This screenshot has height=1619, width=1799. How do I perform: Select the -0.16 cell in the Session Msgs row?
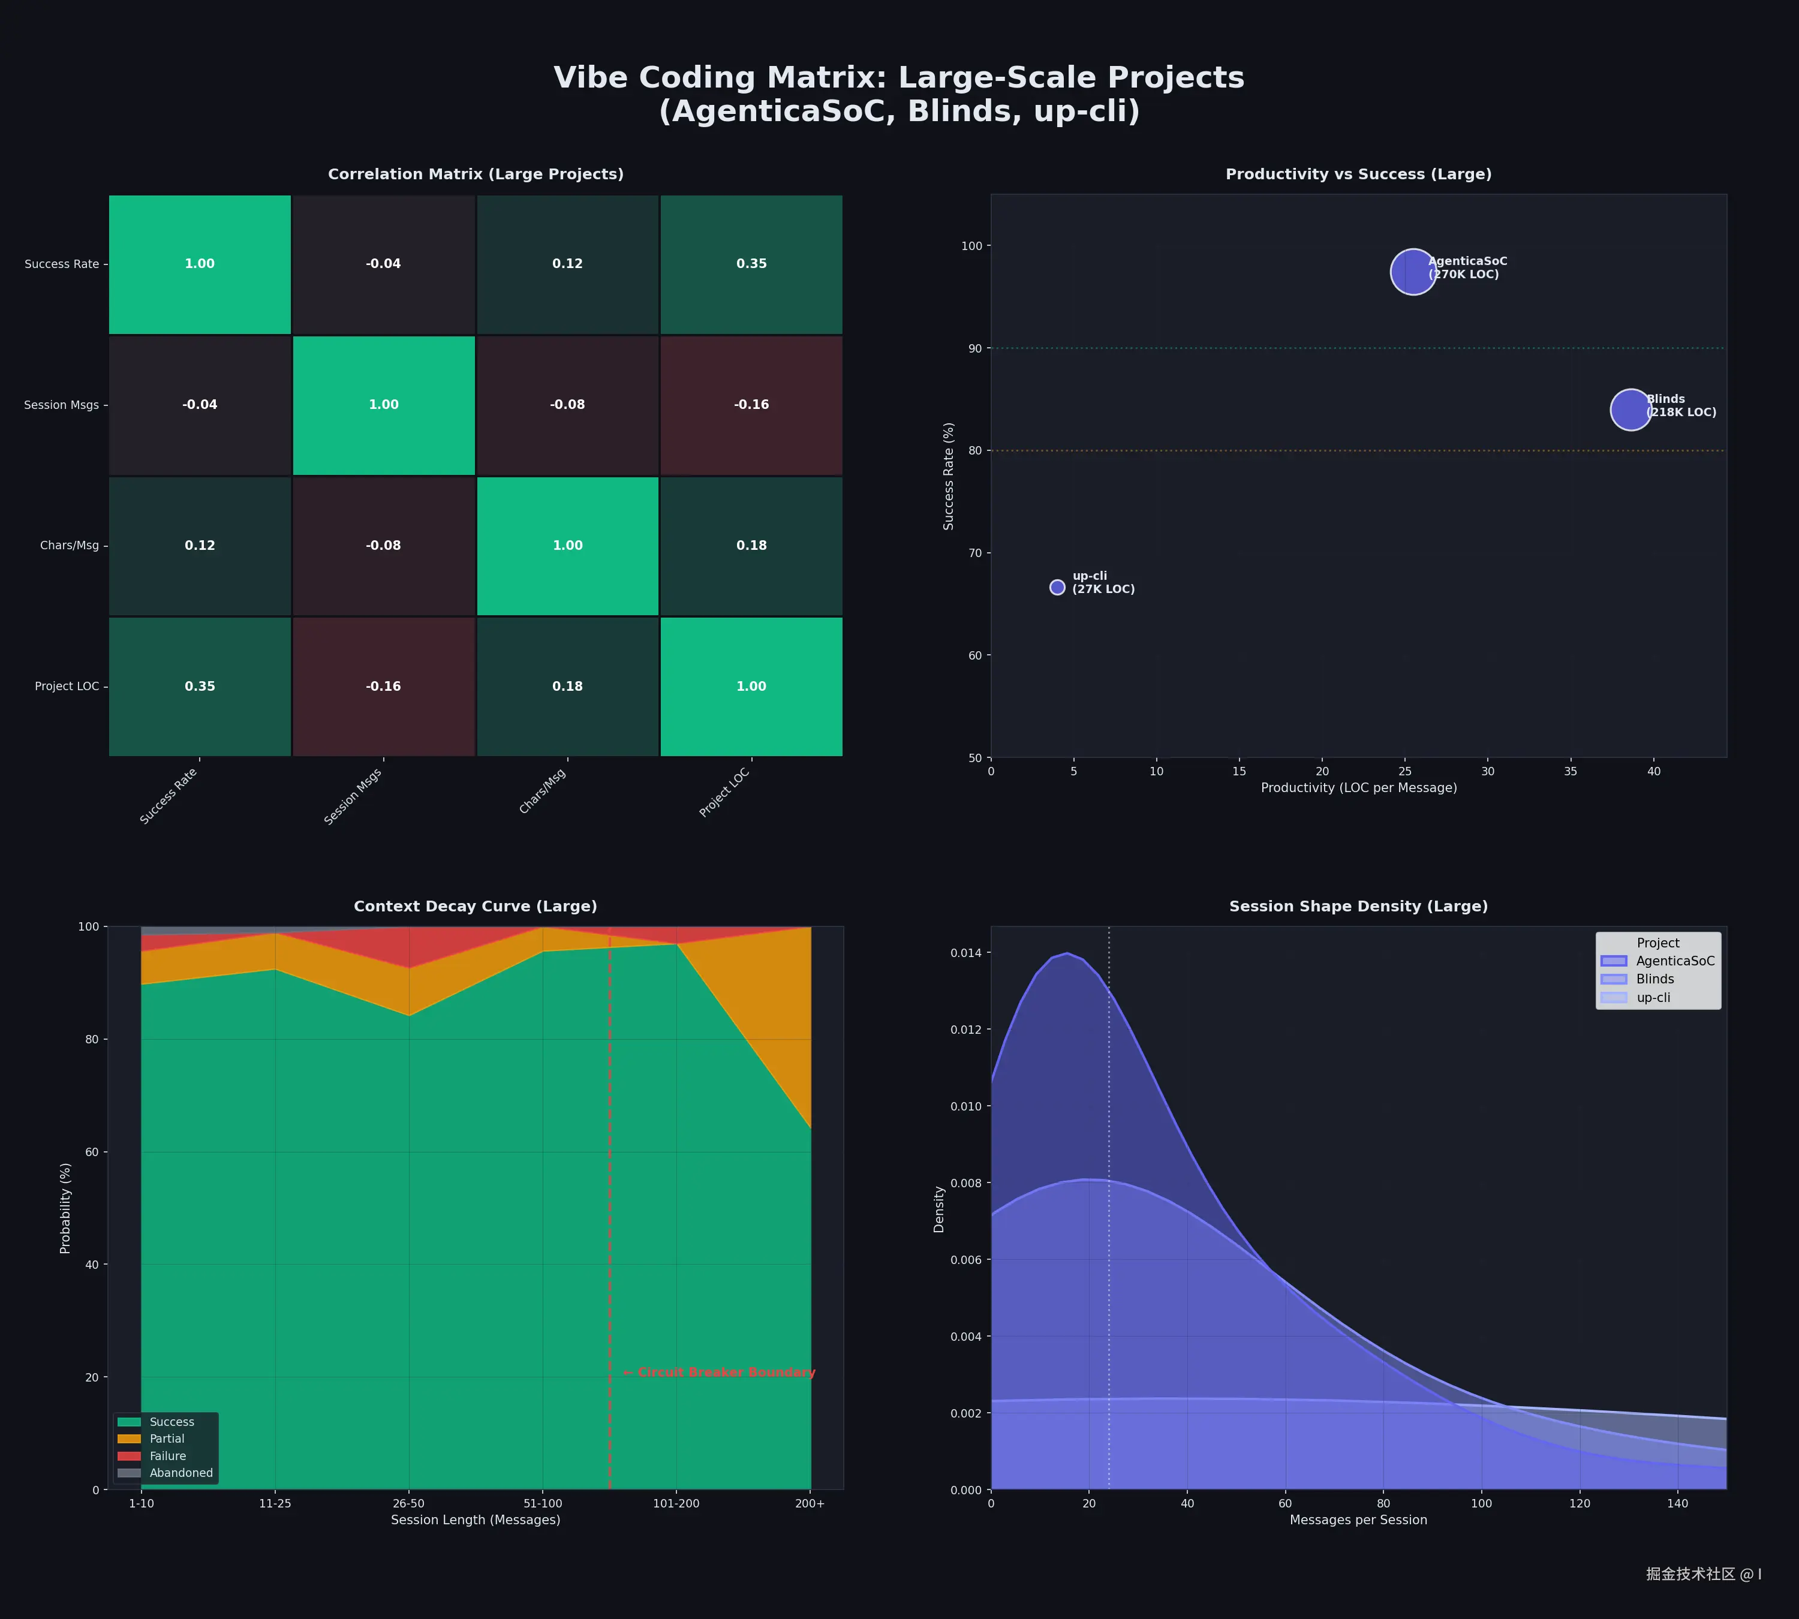click(751, 405)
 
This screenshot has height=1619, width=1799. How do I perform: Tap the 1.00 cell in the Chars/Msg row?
click(568, 545)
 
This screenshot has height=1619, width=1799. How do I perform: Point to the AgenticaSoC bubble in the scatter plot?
click(1413, 271)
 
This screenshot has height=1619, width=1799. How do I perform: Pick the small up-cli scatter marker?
click(1057, 587)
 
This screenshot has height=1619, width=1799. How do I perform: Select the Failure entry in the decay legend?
click(167, 1455)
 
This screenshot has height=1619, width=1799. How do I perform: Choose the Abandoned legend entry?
click(180, 1472)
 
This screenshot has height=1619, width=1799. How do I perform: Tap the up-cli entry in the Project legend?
click(1653, 997)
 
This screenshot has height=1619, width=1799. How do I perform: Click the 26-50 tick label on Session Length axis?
click(408, 1503)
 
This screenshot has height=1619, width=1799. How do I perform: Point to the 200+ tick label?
click(810, 1503)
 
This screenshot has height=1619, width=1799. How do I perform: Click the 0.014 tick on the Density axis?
click(965, 953)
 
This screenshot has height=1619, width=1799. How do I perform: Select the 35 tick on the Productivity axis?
click(1571, 771)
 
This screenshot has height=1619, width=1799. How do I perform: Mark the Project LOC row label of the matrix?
click(67, 686)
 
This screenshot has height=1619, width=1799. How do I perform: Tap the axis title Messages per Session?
click(1358, 1519)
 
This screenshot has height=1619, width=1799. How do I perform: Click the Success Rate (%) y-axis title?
click(949, 476)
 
